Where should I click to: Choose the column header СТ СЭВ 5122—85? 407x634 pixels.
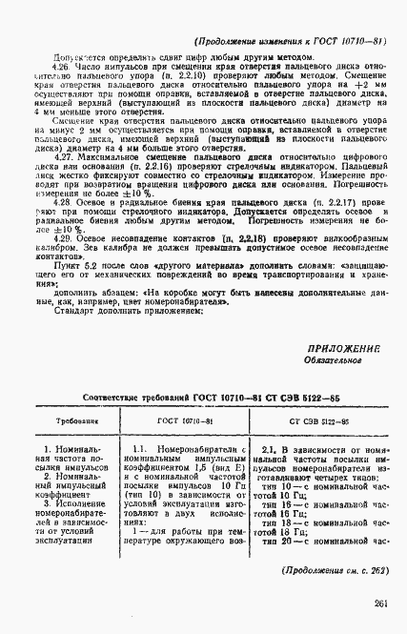coord(319,420)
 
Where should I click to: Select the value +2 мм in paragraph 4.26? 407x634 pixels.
coord(360,113)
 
